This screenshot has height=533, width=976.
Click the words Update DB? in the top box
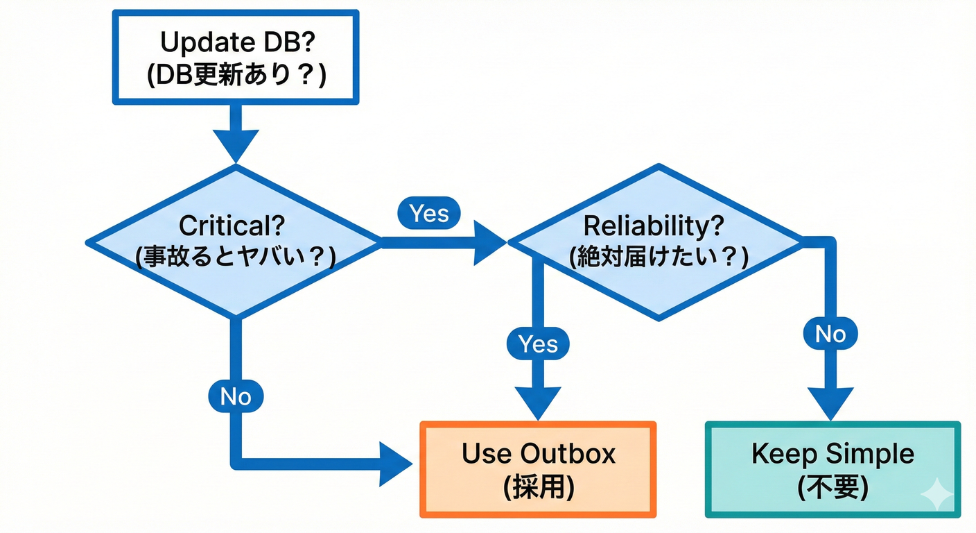[236, 42]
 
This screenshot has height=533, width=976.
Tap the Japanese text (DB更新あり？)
[236, 74]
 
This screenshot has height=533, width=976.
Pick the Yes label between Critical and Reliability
[428, 214]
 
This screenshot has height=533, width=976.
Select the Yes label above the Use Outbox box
[537, 344]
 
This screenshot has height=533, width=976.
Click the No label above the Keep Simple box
[830, 335]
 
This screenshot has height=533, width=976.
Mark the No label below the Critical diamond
[235, 396]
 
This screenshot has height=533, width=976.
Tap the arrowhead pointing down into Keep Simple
[830, 401]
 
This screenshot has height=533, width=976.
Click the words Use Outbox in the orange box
[538, 454]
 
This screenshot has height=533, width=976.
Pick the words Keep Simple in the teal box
[833, 455]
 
